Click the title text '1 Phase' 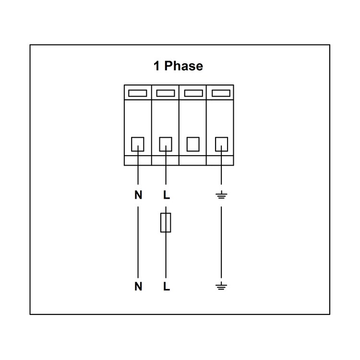[x=178, y=66]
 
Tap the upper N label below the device [x=138, y=195]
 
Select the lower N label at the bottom [x=138, y=286]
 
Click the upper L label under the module [x=167, y=195]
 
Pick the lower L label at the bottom [x=167, y=286]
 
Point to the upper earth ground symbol [x=221, y=195]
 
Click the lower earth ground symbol [x=221, y=286]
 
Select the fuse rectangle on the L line [x=166, y=222]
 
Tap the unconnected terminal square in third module [x=193, y=144]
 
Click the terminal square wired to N [x=138, y=144]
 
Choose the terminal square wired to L [x=166, y=144]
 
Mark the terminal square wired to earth [x=222, y=144]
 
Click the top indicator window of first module [x=138, y=93]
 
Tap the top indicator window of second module [x=166, y=93]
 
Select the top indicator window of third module [x=193, y=93]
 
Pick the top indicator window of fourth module [x=221, y=93]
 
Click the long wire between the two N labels [x=138, y=242]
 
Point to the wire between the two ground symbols [x=221, y=242]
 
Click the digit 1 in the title [x=156, y=66]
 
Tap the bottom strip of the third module [x=192, y=160]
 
